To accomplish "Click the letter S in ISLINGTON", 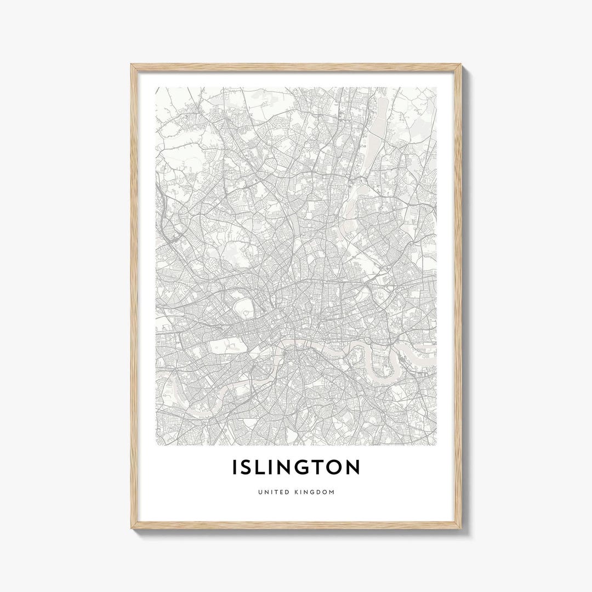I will tap(250, 468).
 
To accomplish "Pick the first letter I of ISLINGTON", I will tap(236, 468).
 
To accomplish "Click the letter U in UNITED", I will tap(259, 492).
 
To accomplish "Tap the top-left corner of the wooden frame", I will tap(132, 65).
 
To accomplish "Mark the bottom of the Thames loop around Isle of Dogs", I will tap(378, 378).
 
